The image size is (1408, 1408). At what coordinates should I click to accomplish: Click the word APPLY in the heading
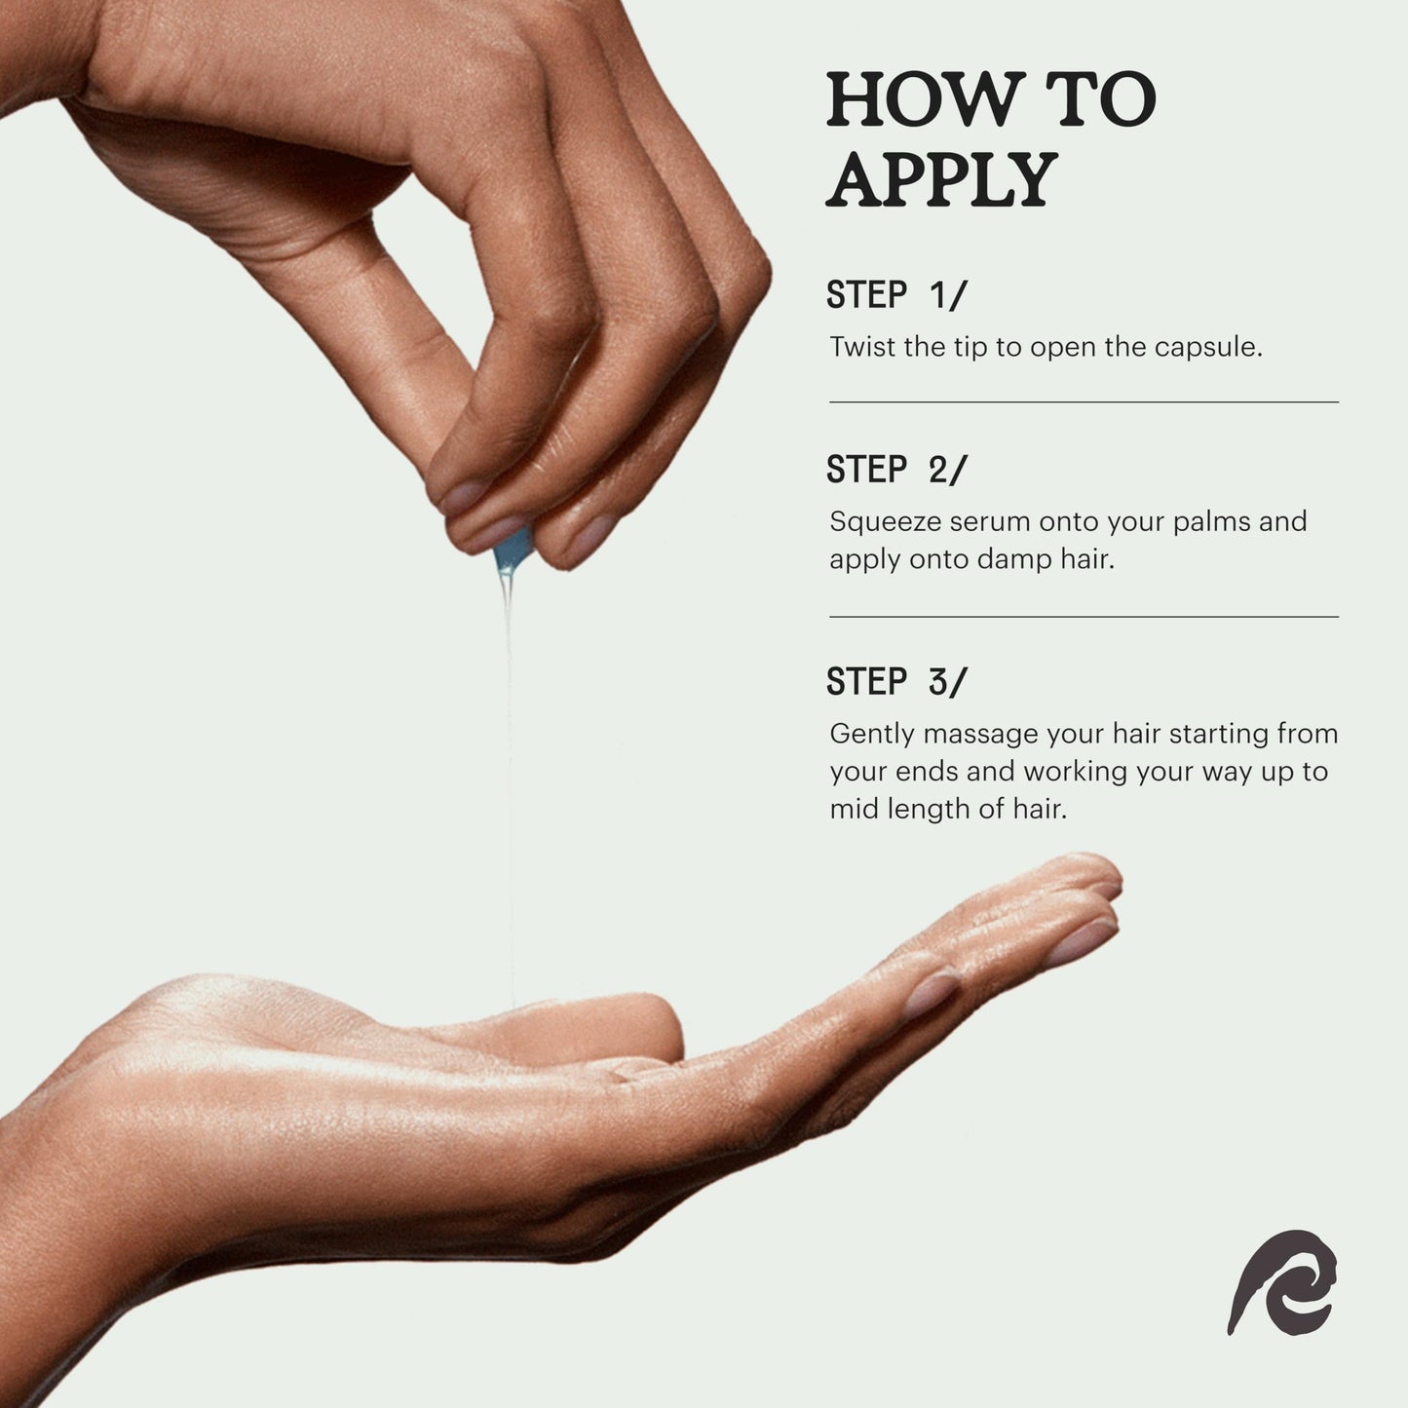pyautogui.click(x=942, y=180)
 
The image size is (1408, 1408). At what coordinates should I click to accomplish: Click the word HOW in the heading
pyautogui.click(x=923, y=100)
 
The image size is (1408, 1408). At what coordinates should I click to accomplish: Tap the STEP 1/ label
pyautogui.click(x=896, y=295)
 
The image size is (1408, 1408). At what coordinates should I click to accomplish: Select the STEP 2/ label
pyautogui.click(x=896, y=469)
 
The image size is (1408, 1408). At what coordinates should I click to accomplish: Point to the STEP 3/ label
pyautogui.click(x=896, y=681)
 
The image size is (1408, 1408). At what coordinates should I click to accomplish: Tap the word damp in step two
pyautogui.click(x=1011, y=559)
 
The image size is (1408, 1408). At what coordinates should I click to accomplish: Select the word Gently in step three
pyautogui.click(x=872, y=735)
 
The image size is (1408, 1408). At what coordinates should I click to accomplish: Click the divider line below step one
pyautogui.click(x=1084, y=401)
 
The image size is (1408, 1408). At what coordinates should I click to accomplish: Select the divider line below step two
pyautogui.click(x=1084, y=617)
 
